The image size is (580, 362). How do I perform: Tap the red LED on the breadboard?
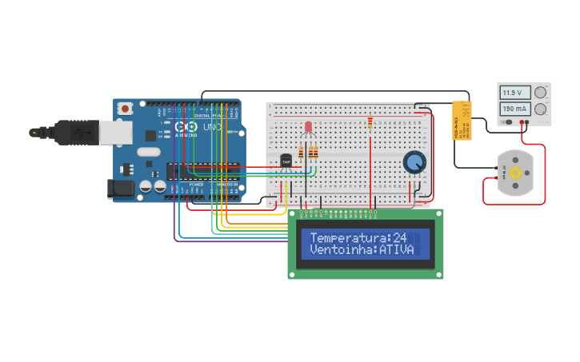pos(308,127)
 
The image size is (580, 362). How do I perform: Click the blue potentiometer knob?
pos(414,162)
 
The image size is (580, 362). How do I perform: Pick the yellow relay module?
pos(462,120)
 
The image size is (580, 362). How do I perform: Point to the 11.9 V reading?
pos(512,93)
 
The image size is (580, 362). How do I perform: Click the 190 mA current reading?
pos(513,109)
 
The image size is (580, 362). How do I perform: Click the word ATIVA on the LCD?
pos(398,250)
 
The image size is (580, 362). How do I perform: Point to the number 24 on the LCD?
pos(400,238)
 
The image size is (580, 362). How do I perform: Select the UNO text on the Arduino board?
pos(212,128)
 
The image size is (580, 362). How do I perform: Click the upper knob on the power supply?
pos(541,93)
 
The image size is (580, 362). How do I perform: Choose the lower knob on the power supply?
pos(541,109)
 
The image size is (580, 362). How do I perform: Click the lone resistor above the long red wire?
pos(370,123)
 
